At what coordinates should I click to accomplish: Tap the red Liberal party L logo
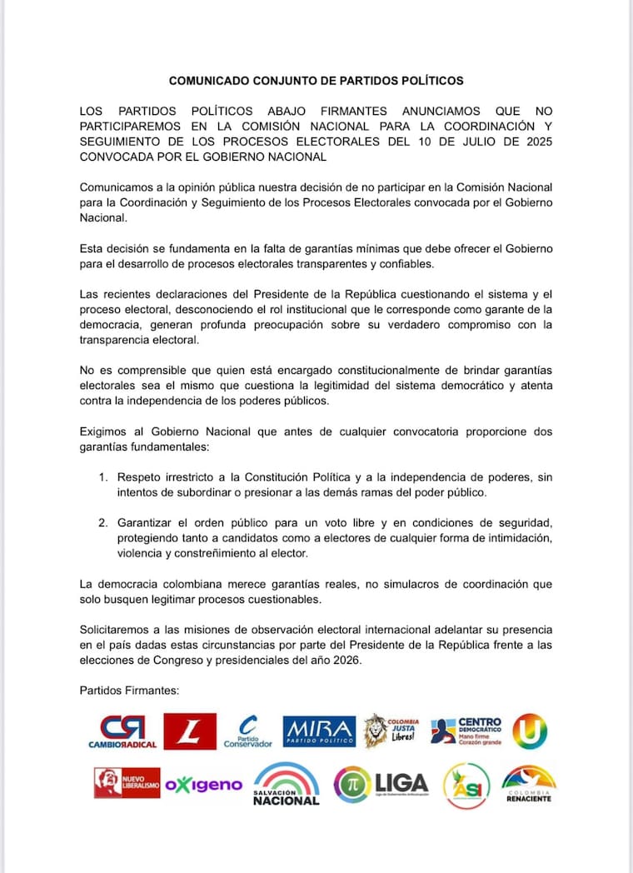point(189,731)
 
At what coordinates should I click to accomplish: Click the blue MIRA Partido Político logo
point(319,731)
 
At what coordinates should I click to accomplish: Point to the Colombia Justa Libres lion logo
point(391,731)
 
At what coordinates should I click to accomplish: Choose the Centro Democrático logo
point(466,731)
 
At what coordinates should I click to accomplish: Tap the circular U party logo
point(530,731)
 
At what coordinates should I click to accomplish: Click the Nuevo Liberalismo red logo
point(127,783)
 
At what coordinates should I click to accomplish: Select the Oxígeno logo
point(203,785)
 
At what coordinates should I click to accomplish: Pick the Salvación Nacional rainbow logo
point(286,784)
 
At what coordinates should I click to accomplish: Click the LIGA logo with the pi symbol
point(381,784)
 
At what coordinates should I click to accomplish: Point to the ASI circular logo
point(466,786)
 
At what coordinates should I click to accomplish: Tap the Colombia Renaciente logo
point(529,784)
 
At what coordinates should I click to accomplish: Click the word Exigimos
point(107,432)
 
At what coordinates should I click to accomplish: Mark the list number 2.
point(102,522)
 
